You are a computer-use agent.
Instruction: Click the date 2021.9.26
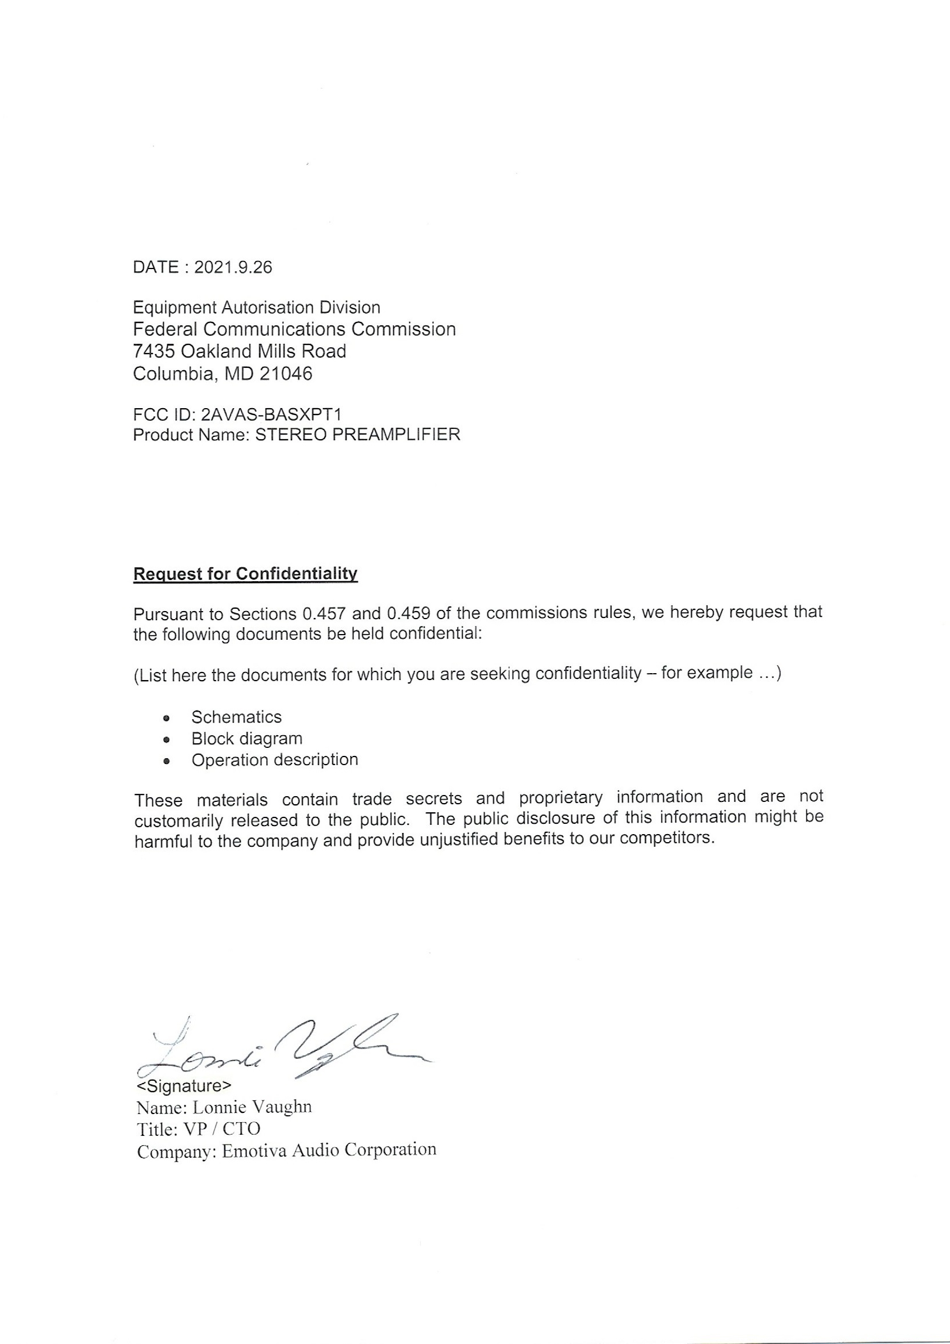pos(233,267)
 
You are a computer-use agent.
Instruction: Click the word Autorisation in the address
pos(266,308)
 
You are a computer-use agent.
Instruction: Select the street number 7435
pos(154,351)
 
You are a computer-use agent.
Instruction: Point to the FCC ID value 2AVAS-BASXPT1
pos(271,414)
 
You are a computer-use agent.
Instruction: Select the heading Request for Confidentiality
pos(245,574)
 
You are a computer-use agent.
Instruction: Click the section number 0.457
pos(324,614)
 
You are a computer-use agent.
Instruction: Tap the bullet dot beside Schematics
pos(167,718)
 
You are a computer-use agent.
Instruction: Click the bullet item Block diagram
pos(247,739)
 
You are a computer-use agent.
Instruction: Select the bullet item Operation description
pos(275,760)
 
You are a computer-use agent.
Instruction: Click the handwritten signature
pos(281,1051)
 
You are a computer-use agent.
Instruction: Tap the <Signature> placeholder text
pos(184,1086)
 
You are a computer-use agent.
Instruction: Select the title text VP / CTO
pos(222,1128)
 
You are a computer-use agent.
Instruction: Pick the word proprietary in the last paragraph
pos(561,797)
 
